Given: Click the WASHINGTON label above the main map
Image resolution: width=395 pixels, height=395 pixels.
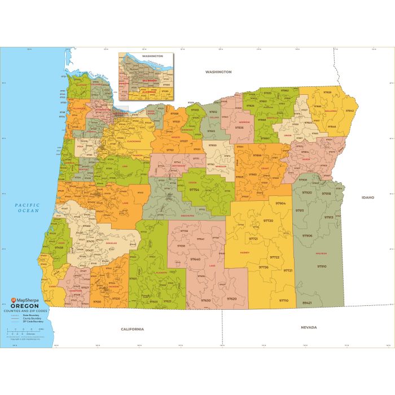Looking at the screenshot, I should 218,72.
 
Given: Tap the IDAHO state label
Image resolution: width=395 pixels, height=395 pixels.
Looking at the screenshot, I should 369,198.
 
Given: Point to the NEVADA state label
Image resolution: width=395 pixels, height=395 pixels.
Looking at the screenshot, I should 309,327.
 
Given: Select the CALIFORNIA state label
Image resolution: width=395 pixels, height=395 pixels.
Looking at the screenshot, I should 132,329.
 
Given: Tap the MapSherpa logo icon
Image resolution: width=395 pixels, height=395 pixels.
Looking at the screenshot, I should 9,300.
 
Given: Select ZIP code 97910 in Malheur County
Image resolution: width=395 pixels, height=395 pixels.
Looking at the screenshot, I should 321,266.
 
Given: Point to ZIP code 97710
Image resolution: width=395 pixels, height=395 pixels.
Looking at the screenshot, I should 283,300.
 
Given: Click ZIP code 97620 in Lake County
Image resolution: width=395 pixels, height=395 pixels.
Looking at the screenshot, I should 231,299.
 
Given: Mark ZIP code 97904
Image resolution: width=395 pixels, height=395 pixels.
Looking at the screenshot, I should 280,203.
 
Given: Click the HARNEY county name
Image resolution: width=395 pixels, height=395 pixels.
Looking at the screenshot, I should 244,252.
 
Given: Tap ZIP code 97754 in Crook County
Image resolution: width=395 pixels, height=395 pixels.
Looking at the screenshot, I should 194,190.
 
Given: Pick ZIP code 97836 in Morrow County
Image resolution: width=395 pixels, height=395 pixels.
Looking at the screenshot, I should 239,128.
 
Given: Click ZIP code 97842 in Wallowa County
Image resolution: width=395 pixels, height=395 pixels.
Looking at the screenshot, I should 350,111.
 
